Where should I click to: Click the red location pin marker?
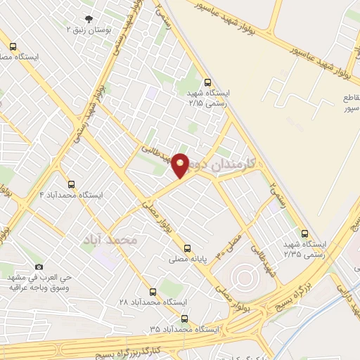(181, 165)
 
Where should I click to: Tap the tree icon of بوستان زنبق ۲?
(88, 19)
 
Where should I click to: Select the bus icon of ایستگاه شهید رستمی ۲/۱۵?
(207, 82)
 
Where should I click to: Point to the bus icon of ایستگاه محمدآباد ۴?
(70, 184)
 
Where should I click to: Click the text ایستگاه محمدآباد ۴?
(71, 194)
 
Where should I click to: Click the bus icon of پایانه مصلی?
(187, 248)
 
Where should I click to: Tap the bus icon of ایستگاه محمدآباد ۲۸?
(153, 291)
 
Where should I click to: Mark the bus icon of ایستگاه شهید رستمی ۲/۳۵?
(304, 233)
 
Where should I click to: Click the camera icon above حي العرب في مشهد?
(39, 267)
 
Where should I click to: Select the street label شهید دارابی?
(345, 295)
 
